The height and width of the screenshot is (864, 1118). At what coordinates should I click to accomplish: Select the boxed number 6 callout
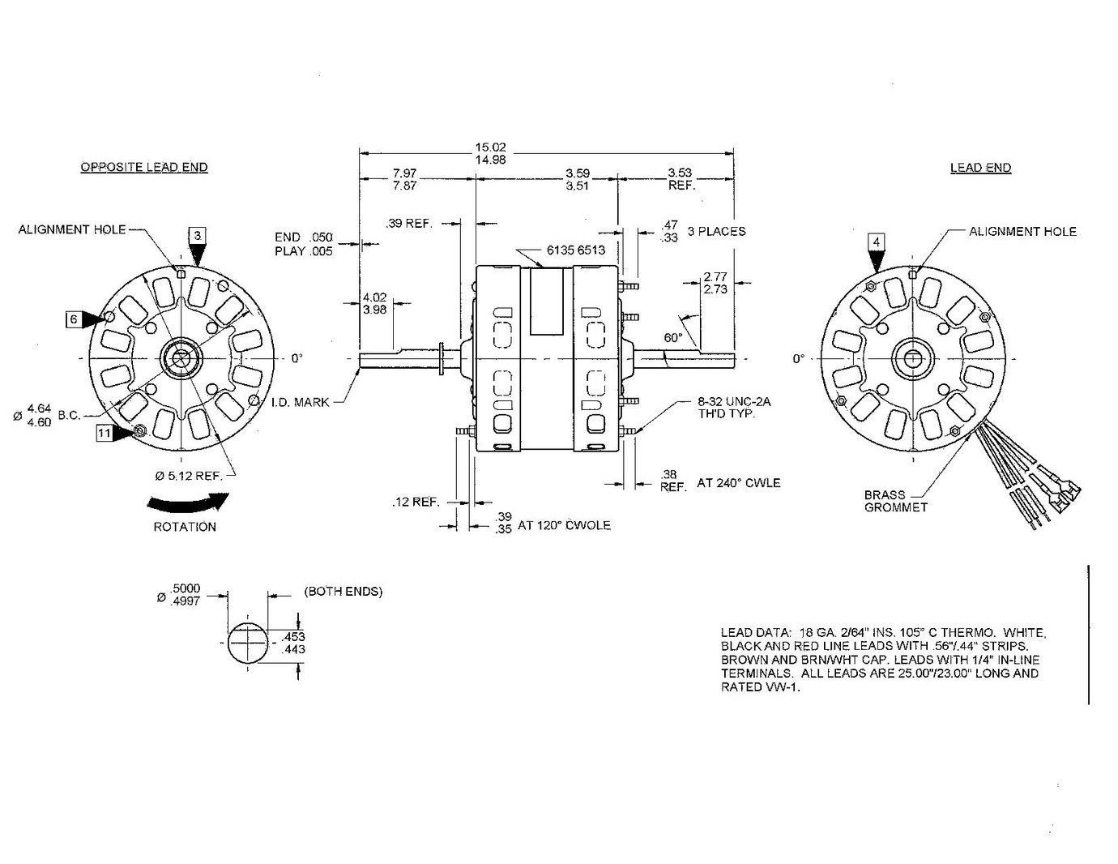[73, 319]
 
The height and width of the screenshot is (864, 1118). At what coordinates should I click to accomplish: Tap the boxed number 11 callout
[104, 434]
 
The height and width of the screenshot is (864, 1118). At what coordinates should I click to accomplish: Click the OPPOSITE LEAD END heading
[143, 167]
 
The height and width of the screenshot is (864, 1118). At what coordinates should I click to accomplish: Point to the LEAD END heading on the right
[980, 168]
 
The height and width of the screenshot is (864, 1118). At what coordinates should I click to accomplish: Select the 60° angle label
[672, 336]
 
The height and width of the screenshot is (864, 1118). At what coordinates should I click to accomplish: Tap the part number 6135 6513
[575, 250]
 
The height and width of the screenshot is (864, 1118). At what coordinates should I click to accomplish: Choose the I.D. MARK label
[300, 402]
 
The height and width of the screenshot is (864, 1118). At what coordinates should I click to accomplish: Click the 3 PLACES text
[716, 231]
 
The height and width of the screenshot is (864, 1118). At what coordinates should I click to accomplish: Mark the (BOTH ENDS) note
[343, 592]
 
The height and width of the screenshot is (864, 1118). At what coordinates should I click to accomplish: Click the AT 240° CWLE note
[738, 483]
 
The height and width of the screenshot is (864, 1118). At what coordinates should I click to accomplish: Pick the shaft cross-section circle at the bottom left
[250, 643]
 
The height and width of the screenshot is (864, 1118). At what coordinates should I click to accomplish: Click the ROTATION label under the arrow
[185, 527]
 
